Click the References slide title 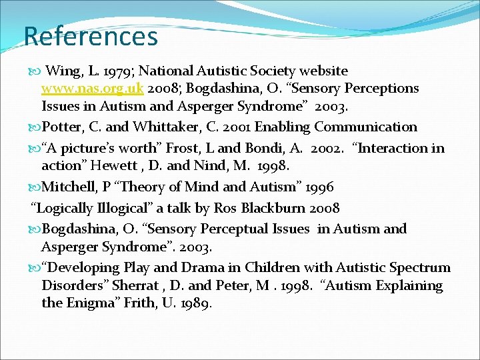pyautogui.click(x=91, y=36)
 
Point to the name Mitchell pyautogui.click(x=71, y=187)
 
